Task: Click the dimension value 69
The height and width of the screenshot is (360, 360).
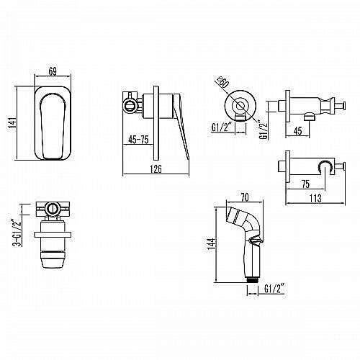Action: (53, 71)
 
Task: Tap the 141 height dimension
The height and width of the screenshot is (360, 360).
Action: (12, 122)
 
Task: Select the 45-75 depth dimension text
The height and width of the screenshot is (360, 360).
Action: (138, 140)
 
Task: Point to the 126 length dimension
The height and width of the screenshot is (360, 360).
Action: (156, 169)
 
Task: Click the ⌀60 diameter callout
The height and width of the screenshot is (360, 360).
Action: (222, 82)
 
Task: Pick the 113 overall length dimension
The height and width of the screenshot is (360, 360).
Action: (315, 198)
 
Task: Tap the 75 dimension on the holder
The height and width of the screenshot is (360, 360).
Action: (305, 184)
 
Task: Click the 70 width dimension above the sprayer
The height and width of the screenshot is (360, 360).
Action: (245, 197)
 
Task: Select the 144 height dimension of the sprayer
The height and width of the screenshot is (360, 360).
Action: (212, 244)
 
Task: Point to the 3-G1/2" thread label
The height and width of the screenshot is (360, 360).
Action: (18, 233)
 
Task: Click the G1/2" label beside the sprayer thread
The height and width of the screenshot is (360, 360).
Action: (274, 288)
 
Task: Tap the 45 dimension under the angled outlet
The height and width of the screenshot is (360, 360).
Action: (297, 131)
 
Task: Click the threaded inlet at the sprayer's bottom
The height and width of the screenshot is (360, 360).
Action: (252, 279)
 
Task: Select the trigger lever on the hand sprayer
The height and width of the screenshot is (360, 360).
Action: (256, 240)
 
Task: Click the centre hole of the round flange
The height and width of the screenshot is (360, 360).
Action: (240, 106)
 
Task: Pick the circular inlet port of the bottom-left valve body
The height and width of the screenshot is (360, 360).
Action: (52, 208)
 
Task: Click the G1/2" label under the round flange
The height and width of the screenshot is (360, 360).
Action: (222, 127)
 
